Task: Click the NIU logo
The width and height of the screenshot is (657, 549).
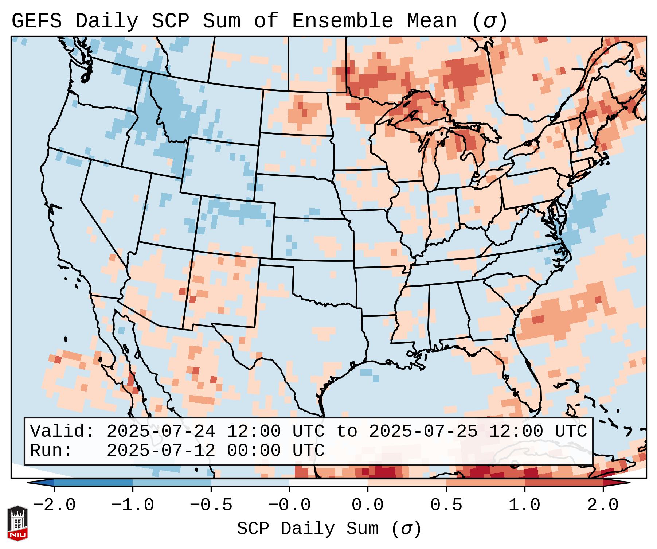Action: [17, 523]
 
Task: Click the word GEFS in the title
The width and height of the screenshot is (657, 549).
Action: [37, 21]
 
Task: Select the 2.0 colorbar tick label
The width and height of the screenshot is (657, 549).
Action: [603, 505]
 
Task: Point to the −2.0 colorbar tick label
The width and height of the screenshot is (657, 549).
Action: [54, 505]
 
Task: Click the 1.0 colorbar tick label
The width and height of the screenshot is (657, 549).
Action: [524, 505]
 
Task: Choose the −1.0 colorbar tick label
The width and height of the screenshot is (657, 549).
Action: [133, 505]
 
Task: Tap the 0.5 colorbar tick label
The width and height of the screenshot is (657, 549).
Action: [446, 505]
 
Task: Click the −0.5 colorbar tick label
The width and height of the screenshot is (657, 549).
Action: [211, 505]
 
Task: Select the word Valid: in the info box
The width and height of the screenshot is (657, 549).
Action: [62, 431]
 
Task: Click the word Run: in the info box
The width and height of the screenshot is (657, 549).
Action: [51, 451]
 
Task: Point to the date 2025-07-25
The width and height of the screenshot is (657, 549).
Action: [423, 431]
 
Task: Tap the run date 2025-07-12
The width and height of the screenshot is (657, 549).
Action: [161, 451]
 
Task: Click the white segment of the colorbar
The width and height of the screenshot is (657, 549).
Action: [328, 483]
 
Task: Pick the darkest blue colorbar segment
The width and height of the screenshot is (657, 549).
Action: [93, 483]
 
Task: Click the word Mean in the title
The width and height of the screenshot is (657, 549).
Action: [432, 21]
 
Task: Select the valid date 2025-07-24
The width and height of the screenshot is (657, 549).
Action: [161, 431]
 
